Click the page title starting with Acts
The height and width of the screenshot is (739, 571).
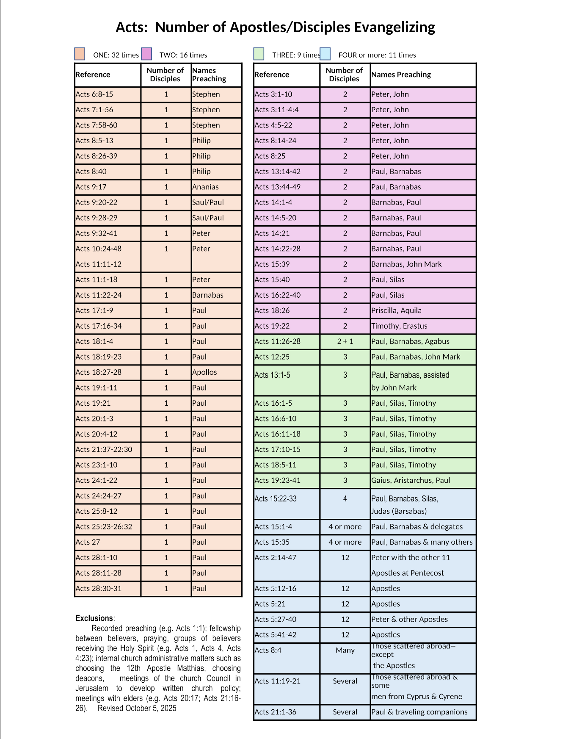(275, 27)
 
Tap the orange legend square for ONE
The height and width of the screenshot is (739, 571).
(80, 54)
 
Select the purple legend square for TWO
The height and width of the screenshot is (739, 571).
(146, 54)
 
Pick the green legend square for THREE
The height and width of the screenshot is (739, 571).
(259, 54)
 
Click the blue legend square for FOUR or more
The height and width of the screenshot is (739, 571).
(325, 54)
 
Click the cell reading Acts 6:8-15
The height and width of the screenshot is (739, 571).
(94, 94)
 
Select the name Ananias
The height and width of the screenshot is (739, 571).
(205, 187)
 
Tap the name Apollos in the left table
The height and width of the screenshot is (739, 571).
(204, 372)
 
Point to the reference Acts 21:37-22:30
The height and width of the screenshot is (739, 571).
(104, 449)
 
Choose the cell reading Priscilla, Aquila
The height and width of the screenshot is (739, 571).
(396, 310)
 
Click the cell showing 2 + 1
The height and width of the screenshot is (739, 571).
(345, 341)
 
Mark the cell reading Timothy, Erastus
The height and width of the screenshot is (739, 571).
(399, 326)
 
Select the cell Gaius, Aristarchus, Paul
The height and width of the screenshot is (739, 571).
(411, 480)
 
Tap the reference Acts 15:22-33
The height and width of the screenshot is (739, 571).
(276, 499)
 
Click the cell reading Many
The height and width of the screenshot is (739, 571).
(345, 650)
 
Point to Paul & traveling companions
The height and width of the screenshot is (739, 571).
(419, 712)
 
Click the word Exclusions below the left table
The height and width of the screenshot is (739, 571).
(94, 618)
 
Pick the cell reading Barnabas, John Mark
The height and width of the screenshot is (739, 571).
(406, 264)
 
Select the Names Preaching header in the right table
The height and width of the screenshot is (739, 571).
(401, 75)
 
